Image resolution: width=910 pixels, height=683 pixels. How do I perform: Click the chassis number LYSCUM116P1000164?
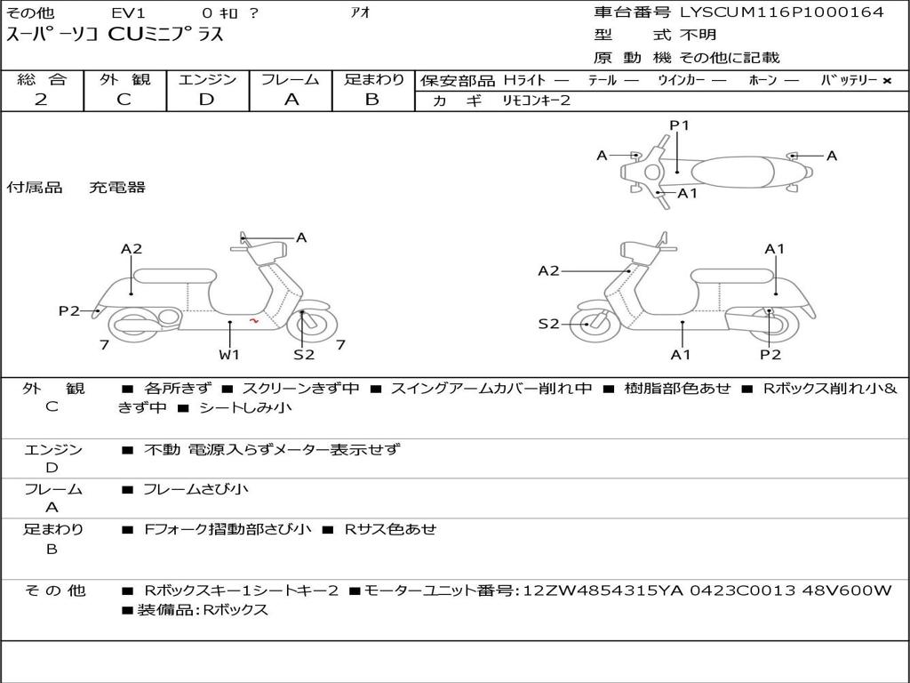(782, 12)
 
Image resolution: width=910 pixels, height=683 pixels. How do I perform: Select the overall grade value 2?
(41, 100)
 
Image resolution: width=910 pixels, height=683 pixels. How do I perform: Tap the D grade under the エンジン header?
(206, 100)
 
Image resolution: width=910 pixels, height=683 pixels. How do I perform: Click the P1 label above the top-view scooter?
(679, 125)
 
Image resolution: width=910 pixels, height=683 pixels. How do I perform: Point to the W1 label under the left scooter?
(230, 355)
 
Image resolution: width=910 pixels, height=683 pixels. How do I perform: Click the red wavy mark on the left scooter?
(254, 320)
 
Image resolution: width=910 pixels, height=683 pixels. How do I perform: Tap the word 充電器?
(116, 187)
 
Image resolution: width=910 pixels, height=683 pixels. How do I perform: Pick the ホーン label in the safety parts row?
(762, 80)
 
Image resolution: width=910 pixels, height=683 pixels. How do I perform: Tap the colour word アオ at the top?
(361, 12)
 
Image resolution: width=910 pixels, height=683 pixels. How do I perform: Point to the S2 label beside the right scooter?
(549, 324)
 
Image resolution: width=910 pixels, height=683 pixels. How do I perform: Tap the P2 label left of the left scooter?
(69, 310)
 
